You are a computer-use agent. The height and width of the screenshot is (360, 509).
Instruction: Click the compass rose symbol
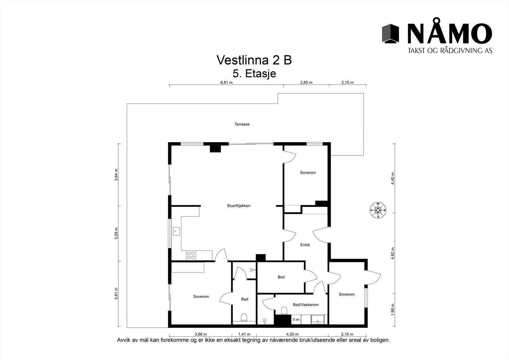coord(378,210)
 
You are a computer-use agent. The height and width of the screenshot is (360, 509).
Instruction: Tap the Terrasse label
coord(242,124)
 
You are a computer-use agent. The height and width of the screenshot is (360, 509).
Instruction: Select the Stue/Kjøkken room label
coord(238,206)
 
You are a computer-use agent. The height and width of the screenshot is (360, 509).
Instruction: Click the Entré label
coord(305,245)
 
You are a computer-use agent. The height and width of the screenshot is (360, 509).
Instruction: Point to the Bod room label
coord(281,277)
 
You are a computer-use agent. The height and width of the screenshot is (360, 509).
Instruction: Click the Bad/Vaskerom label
coord(305,305)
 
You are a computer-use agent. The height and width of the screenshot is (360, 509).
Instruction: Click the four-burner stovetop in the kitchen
coord(191,255)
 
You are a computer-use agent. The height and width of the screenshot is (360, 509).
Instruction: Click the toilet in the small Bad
coord(244,317)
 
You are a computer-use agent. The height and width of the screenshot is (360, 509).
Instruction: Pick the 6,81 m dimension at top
coord(227,82)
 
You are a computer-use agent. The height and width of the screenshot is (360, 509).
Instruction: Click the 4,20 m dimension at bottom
coord(292,334)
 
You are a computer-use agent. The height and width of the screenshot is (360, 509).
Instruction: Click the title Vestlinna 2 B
coord(254,60)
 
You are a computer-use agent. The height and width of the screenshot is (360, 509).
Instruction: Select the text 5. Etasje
coord(254,74)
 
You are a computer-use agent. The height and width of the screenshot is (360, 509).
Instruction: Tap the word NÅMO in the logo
coord(450,33)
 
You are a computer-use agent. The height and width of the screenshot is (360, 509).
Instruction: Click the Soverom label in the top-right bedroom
coord(308,173)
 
